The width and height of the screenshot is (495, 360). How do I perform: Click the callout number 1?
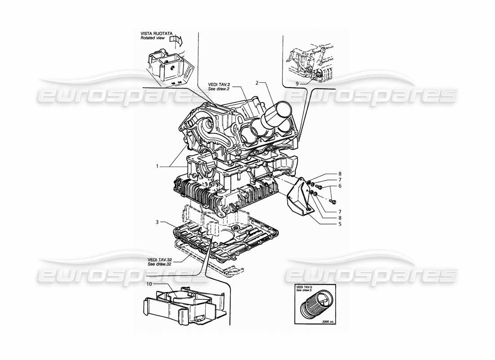(x=157, y=166)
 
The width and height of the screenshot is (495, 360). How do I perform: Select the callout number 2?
(x=257, y=83)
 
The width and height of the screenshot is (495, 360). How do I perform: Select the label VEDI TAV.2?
(x=219, y=84)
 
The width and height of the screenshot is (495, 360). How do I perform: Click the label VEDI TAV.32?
(x=159, y=259)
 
